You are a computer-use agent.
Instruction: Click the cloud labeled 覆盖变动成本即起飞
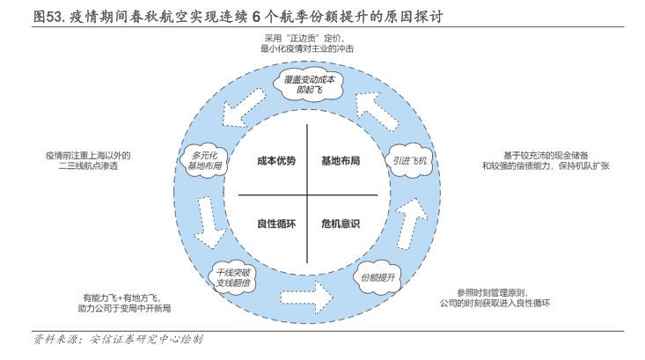[x=309, y=84]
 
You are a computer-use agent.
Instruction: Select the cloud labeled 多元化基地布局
[x=204, y=160]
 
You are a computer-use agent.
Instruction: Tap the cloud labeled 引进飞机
[x=409, y=160]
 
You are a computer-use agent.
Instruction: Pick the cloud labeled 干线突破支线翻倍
[x=233, y=277]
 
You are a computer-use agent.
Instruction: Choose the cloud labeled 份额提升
[x=377, y=277]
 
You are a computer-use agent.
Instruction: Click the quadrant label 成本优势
[x=276, y=161]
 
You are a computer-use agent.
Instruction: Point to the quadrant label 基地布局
[x=341, y=161]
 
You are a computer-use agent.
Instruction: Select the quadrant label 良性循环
[x=276, y=224]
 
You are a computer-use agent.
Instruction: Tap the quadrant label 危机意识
[x=341, y=224]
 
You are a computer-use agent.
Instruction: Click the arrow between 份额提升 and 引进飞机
[x=411, y=223]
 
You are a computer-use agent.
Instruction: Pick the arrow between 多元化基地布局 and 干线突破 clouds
[x=209, y=223]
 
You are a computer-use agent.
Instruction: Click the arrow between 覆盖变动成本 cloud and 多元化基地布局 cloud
[x=244, y=108]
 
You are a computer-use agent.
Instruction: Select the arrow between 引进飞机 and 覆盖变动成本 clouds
[x=377, y=111]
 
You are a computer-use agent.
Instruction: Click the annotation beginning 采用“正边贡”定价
[x=307, y=44]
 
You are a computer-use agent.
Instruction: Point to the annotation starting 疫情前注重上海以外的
[x=88, y=160]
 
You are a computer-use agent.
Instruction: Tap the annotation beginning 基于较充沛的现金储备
[x=546, y=160]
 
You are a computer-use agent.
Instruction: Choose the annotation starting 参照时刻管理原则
[x=495, y=298]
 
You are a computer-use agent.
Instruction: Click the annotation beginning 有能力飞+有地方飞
[x=124, y=303]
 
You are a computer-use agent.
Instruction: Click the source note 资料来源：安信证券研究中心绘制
[x=118, y=340]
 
